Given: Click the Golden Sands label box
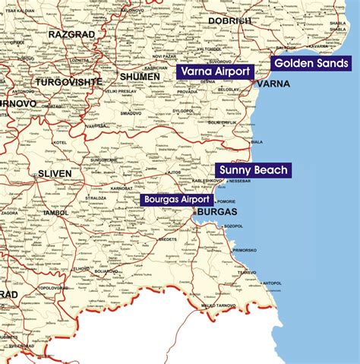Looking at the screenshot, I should click(311, 63).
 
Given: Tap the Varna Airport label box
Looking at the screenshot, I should click(214, 71).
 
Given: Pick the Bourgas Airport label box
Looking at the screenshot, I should click(175, 199).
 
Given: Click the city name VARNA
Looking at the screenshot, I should click(273, 84).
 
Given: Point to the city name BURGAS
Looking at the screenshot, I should click(216, 212).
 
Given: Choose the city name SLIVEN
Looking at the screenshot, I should click(55, 173).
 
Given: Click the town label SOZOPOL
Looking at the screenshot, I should click(233, 226).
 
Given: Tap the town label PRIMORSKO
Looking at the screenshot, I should click(245, 250).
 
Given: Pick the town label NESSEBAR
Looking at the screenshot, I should click(239, 182).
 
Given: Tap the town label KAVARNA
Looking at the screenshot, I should click(318, 46).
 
